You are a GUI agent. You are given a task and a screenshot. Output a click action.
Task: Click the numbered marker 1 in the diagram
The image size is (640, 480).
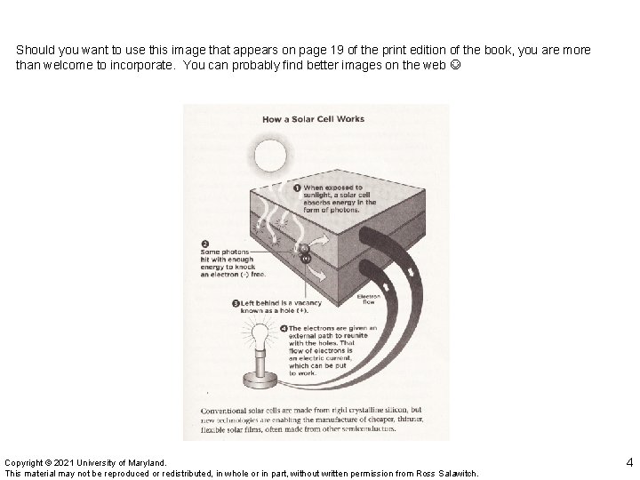pos(297,188)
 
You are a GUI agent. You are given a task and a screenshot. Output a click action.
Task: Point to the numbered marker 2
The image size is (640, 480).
pos(204,243)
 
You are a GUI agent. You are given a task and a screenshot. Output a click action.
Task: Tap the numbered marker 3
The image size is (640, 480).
pos(236,303)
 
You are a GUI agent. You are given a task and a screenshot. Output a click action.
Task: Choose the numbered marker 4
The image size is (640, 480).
pos(283,328)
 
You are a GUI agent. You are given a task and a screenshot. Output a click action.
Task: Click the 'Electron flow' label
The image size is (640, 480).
pos(369,299)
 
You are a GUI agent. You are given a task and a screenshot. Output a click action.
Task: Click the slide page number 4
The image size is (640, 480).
pos(629,461)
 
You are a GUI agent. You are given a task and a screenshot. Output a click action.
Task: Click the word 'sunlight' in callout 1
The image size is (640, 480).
pos(321,196)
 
